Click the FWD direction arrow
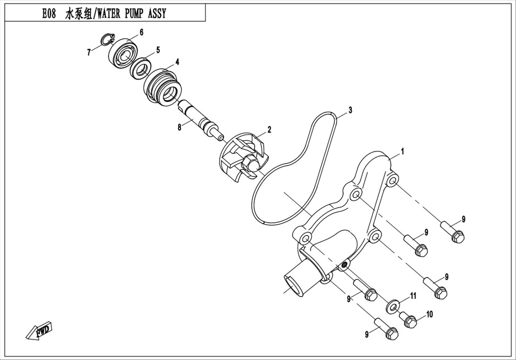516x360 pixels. (39, 329)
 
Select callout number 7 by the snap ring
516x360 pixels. (89, 53)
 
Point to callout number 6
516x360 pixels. (142, 32)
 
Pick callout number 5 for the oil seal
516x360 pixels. (158, 50)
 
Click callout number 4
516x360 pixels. (177, 62)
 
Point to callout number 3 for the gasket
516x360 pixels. (350, 110)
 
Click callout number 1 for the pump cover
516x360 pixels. (402, 151)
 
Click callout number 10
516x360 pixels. (429, 314)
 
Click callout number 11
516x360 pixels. (413, 296)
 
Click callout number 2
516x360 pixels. (269, 130)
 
